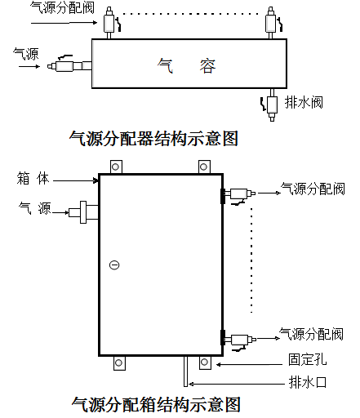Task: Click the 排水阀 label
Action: [x=304, y=103]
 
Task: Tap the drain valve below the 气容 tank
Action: [x=272, y=104]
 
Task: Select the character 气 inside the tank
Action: [x=165, y=66]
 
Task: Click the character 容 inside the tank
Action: [x=207, y=66]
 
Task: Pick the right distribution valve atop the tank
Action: [x=273, y=23]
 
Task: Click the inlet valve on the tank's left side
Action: [x=69, y=64]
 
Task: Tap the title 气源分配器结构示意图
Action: [x=153, y=139]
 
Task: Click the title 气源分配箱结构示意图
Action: [x=156, y=404]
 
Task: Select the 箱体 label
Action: [x=33, y=179]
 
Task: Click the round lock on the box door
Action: [x=114, y=265]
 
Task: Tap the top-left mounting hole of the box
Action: [x=116, y=167]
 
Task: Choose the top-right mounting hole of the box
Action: [x=204, y=167]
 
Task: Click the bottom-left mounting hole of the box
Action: [x=119, y=363]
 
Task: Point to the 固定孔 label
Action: [x=307, y=359]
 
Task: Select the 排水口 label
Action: [x=307, y=382]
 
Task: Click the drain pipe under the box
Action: [x=186, y=371]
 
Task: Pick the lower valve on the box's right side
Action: [x=238, y=341]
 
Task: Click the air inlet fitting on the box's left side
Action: [x=83, y=212]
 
